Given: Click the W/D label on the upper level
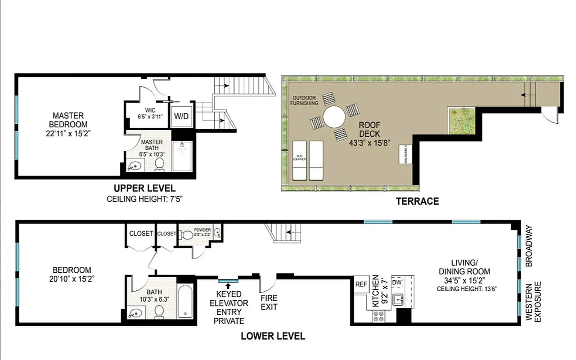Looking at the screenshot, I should coord(182,116).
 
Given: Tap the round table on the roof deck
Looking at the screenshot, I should coord(333,117).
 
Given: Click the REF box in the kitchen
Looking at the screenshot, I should coord(361,284).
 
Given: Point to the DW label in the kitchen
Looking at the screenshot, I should coord(396,282).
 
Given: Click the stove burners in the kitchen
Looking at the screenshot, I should coord(378,316).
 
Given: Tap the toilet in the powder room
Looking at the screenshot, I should coord(186,234).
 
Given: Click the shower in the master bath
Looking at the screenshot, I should coord(182,156).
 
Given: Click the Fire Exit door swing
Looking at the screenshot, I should coord(267,283).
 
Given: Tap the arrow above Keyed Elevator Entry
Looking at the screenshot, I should coord(228,286).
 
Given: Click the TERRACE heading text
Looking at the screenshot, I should coord(417,201).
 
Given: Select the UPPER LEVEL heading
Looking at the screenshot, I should coord(144,188).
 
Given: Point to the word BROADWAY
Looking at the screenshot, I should coord(529,245).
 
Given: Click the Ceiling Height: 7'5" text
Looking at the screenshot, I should coord(144,199).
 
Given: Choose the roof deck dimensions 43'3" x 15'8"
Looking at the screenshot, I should coord(369,142).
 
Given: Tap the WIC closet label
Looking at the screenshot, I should coord(150,110).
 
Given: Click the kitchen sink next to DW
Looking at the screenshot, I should coord(398,299).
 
